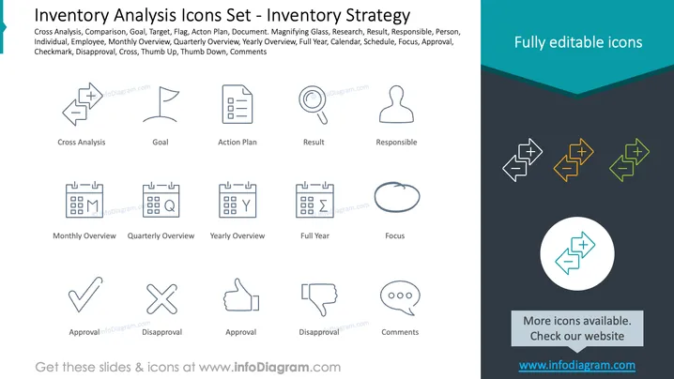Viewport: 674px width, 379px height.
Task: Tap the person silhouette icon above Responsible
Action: click(396, 104)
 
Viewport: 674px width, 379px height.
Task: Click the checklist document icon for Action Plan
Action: click(237, 104)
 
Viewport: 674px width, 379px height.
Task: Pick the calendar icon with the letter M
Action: click(84, 200)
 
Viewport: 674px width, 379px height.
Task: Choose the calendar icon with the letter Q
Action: click(161, 200)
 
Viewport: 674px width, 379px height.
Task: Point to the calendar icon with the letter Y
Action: click(237, 200)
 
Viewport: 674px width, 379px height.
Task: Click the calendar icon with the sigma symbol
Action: click(314, 200)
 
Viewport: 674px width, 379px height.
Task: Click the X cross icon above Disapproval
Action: click(161, 298)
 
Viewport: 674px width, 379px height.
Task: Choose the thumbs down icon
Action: click(319, 298)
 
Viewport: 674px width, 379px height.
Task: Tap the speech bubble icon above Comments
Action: click(400, 297)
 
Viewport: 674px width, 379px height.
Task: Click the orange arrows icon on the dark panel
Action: click(574, 159)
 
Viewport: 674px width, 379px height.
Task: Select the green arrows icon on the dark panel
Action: click(629, 159)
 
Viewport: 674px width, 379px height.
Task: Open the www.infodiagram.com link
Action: click(577, 365)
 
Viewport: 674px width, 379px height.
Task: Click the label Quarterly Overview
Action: click(161, 235)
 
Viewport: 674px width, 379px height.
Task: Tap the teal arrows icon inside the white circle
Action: click(575, 253)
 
